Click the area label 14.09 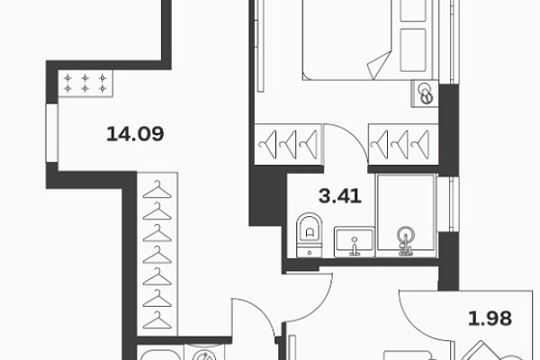point(135,134)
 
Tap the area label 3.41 point(340,196)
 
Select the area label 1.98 point(490,319)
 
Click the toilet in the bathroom point(310,235)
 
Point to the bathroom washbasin point(355,241)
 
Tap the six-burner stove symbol point(85,84)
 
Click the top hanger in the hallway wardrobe point(157,190)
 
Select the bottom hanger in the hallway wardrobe point(157,320)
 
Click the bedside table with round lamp point(425,94)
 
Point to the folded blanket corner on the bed point(379,65)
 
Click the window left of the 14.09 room point(52,132)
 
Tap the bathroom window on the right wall point(448,204)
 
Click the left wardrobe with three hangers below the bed point(288,144)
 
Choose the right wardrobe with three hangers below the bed point(403,144)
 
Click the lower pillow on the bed point(413,50)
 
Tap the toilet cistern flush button point(310,253)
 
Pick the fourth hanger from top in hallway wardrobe point(157,255)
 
